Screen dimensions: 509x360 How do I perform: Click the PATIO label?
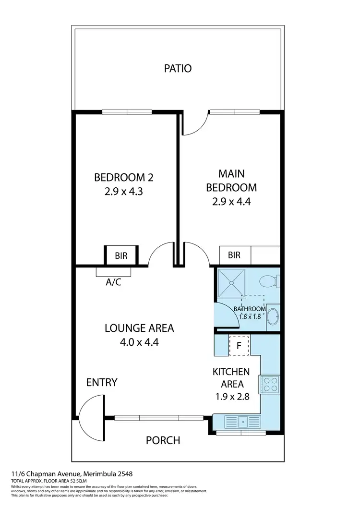click(178, 68)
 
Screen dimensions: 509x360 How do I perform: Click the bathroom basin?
click(273, 317)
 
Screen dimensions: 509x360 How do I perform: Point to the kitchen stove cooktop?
click(269, 384)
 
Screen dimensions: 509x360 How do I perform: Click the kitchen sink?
click(243, 421)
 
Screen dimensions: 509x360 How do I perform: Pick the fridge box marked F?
click(239, 345)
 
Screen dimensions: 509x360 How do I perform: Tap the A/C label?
click(113, 282)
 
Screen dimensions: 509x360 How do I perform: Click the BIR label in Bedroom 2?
click(121, 256)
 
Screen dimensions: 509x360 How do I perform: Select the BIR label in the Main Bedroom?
click(234, 255)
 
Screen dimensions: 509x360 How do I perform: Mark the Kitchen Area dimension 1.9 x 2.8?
click(231, 397)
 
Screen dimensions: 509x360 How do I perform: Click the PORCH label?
click(163, 440)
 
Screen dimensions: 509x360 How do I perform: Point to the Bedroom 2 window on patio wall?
click(127, 112)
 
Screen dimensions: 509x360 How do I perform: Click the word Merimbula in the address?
click(98, 473)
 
